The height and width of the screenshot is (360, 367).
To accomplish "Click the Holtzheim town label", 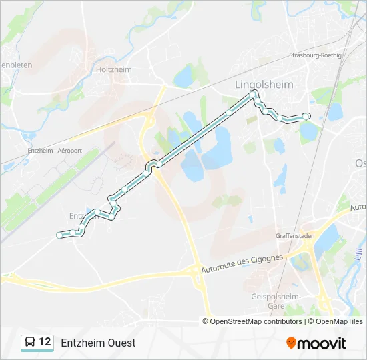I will (x=114, y=69).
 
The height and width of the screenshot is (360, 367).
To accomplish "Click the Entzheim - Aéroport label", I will (x=55, y=151).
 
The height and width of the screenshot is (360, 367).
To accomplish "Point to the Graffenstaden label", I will (x=295, y=236).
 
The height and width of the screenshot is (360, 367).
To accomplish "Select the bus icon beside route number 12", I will (x=30, y=343).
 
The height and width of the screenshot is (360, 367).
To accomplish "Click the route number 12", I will (x=45, y=342).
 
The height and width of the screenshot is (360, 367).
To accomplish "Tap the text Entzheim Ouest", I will (x=98, y=343).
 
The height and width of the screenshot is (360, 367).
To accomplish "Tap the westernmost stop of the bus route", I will (x=59, y=235).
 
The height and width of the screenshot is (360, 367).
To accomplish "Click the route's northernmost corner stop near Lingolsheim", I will (x=253, y=94).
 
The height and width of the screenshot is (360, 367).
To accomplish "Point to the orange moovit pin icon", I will (x=292, y=343).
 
